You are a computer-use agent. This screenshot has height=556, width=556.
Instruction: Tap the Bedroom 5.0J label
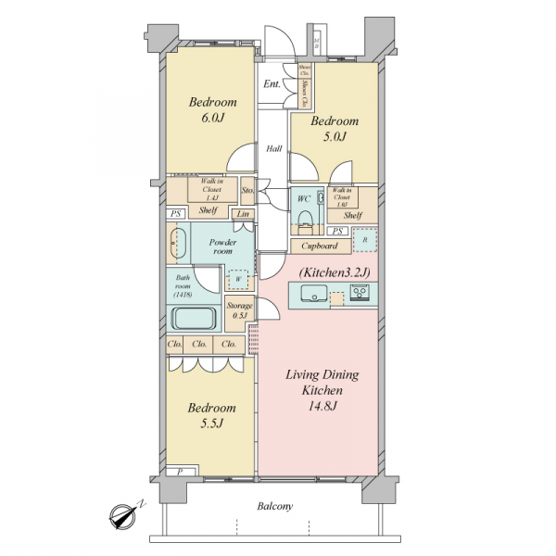[x=334, y=129]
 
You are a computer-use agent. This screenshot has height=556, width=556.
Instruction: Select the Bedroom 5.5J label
[x=212, y=414]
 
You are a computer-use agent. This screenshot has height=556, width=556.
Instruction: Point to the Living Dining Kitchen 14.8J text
[x=321, y=390]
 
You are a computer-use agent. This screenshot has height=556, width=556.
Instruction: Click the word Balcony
[x=275, y=506]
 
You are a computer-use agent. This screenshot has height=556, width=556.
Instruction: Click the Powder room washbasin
[x=178, y=246]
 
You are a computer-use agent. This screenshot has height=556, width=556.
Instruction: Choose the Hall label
[x=275, y=148]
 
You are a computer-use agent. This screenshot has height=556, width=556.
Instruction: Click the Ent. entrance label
[x=272, y=84]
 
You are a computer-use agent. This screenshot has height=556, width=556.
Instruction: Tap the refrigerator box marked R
[x=363, y=239]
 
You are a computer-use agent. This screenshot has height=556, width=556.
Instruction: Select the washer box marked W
[x=238, y=279]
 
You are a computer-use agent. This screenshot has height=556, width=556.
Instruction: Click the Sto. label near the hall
[x=247, y=191]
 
